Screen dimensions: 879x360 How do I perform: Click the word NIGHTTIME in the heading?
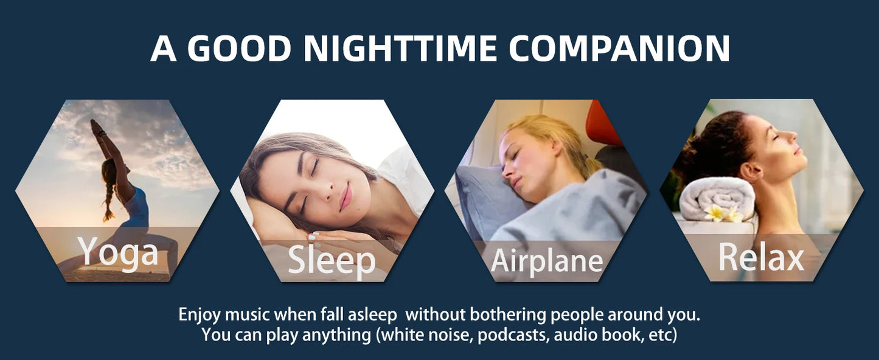tap(400, 48)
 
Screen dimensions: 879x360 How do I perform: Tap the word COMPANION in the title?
tap(619, 48)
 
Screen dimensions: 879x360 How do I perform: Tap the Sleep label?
tap(332, 260)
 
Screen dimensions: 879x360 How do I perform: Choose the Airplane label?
tap(547, 261)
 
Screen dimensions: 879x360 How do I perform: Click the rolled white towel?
tap(717, 198)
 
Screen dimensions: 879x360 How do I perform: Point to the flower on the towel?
tap(721, 213)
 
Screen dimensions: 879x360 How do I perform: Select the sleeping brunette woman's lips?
tap(346, 196)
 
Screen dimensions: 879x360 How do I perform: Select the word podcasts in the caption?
tap(512, 335)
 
